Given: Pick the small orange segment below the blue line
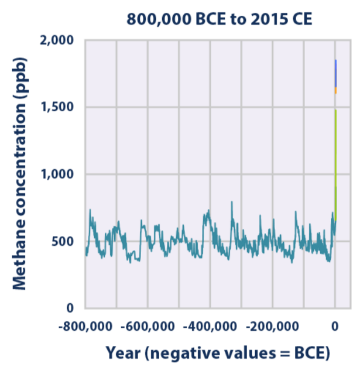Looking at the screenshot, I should pyautogui.click(x=335, y=90).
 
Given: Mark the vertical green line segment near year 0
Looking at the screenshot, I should pyautogui.click(x=335, y=152).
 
